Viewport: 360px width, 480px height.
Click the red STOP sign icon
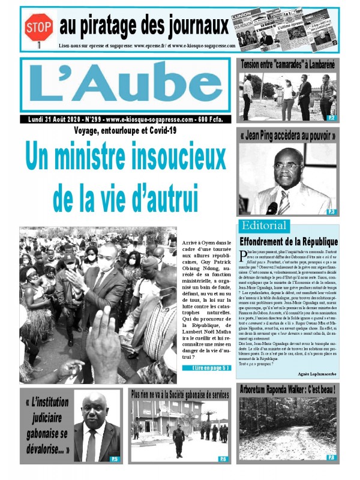point(38,26)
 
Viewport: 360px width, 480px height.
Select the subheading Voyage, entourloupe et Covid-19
point(125,130)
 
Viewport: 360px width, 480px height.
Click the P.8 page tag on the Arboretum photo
point(331,457)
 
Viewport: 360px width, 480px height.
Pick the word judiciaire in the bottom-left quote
point(47,418)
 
